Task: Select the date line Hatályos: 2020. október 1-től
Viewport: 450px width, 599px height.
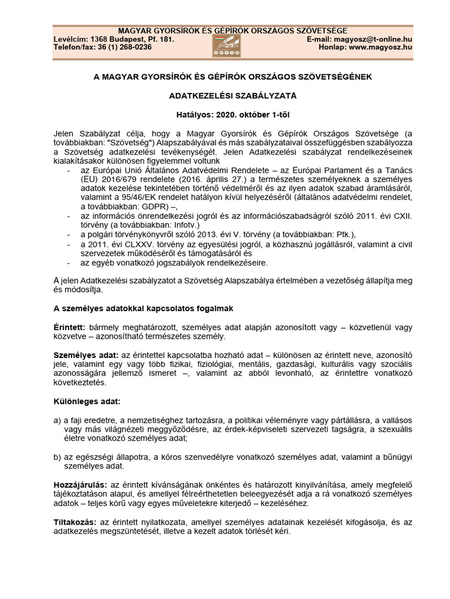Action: pyautogui.click(x=225, y=115)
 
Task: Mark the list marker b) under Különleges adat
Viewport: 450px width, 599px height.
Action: pyautogui.click(x=57, y=456)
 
